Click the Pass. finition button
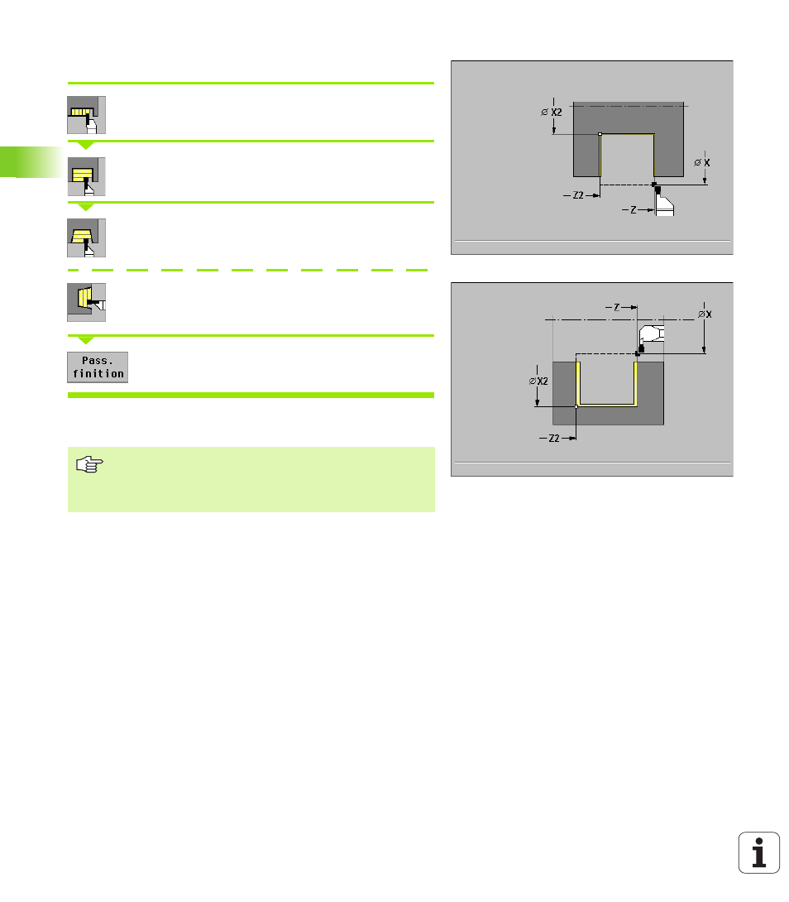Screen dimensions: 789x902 click(x=98, y=367)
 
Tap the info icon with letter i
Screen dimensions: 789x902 click(x=758, y=852)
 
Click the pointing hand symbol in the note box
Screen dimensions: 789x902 click(x=89, y=464)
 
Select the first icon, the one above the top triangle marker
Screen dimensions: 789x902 click(x=86, y=115)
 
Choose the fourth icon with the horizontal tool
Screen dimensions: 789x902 click(x=86, y=302)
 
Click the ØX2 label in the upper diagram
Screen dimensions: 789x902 click(x=552, y=113)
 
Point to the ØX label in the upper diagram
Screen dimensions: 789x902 click(x=701, y=163)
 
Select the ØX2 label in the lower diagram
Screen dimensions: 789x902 click(x=538, y=381)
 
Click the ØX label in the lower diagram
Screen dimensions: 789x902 click(x=705, y=314)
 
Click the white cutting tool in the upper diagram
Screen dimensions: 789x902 click(x=665, y=205)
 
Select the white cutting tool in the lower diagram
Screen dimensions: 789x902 click(x=652, y=334)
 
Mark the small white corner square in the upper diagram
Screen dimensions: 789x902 click(x=600, y=134)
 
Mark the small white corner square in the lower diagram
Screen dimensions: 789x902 click(x=576, y=406)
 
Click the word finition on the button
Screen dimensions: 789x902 click(x=98, y=374)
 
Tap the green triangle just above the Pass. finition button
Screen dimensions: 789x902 click(x=86, y=341)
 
